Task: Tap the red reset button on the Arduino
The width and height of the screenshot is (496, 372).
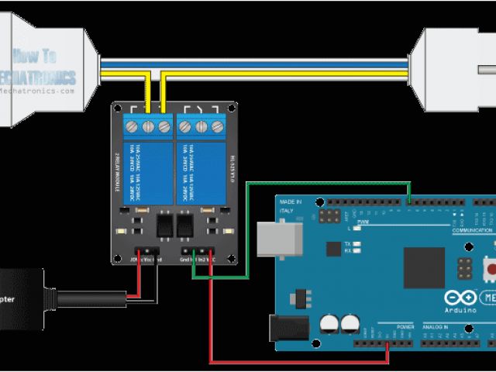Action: point(491,268)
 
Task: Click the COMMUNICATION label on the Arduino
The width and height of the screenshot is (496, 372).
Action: point(473,229)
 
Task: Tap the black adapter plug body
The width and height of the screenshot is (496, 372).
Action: point(19,298)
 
